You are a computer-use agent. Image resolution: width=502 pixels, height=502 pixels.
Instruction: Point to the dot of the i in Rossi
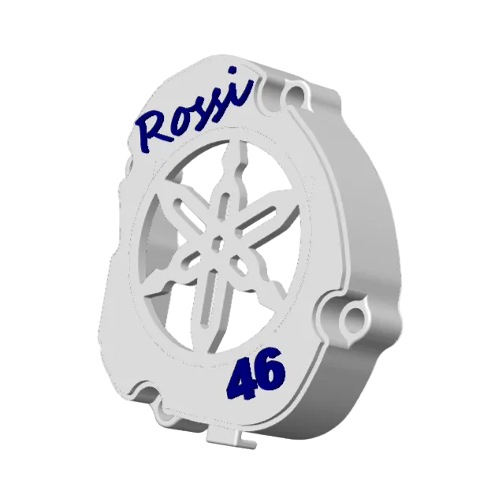point(233,70)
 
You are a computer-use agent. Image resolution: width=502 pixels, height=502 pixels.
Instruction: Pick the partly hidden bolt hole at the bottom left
point(167,415)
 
